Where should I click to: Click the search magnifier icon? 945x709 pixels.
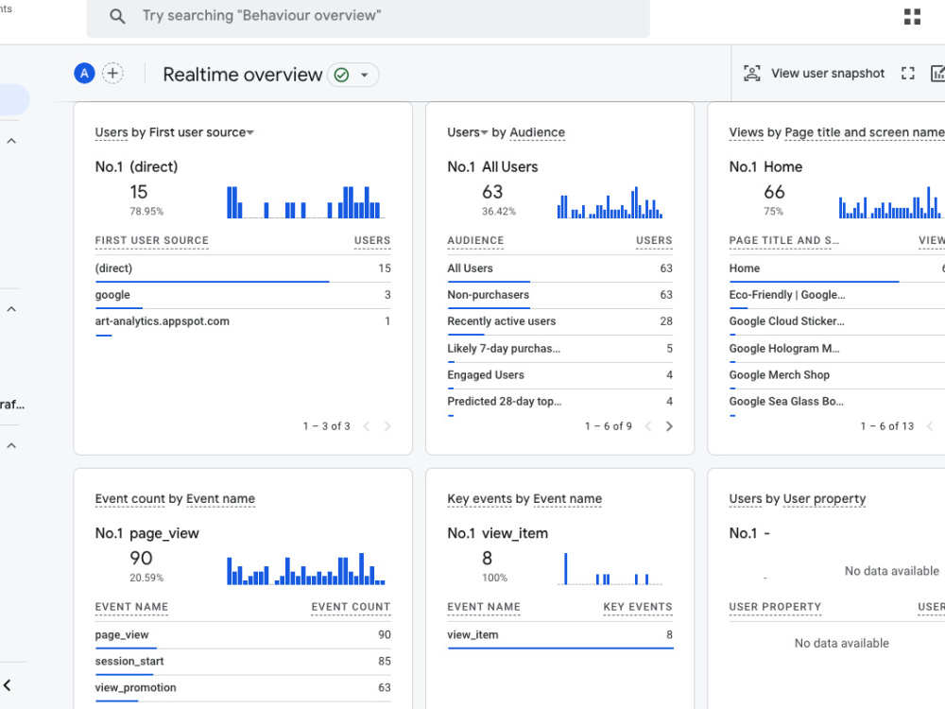pos(117,17)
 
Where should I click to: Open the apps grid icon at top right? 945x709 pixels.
pos(912,17)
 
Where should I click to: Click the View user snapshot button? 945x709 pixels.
pos(814,74)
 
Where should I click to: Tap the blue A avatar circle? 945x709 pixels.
pos(84,74)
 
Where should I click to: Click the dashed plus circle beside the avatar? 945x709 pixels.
pos(112,74)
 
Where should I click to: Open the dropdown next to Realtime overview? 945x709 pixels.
pos(364,75)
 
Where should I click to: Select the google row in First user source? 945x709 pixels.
pos(112,295)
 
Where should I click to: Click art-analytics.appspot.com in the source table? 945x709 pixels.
pos(162,321)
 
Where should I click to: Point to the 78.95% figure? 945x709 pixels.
pos(146,212)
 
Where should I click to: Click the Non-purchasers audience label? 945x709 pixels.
pos(488,295)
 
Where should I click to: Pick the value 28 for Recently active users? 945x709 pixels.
pos(665,321)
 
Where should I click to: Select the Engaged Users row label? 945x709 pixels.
pos(485,375)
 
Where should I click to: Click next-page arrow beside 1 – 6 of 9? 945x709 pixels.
pos(669,426)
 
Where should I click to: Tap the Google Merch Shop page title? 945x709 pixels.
pos(779,375)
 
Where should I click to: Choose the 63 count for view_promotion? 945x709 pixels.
pos(384,688)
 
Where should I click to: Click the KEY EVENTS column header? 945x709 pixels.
pos(637,607)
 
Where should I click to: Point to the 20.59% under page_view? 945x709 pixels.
pos(146,578)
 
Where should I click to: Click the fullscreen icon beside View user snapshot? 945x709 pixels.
pos(907,74)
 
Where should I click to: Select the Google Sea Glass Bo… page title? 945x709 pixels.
pos(785,402)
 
